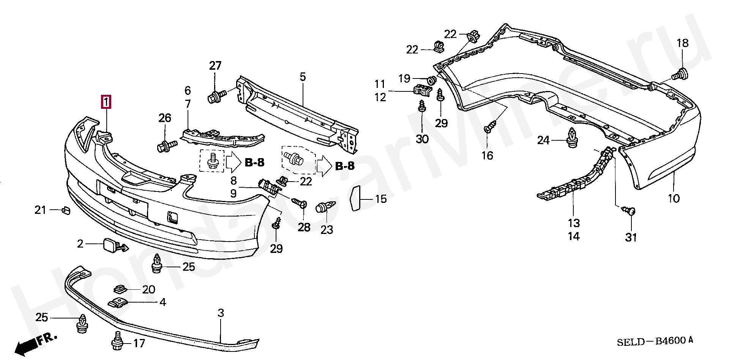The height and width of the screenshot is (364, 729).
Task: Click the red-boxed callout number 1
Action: click(106, 102)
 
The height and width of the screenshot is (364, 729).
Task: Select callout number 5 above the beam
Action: click(303, 77)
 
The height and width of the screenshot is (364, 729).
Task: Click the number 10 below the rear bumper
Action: click(674, 198)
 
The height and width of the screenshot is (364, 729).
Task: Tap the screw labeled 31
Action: click(630, 210)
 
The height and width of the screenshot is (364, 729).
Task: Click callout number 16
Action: click(488, 155)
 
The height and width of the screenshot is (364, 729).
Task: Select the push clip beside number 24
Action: click(572, 139)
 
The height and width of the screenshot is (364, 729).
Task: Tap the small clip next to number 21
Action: click(65, 210)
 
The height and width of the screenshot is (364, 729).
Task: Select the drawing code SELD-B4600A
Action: click(655, 341)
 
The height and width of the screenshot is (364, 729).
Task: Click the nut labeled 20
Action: click(120, 289)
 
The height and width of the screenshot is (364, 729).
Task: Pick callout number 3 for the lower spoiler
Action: click(221, 314)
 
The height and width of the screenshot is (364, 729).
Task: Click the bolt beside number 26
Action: click(166, 146)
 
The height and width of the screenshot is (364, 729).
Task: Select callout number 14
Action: click(574, 237)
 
